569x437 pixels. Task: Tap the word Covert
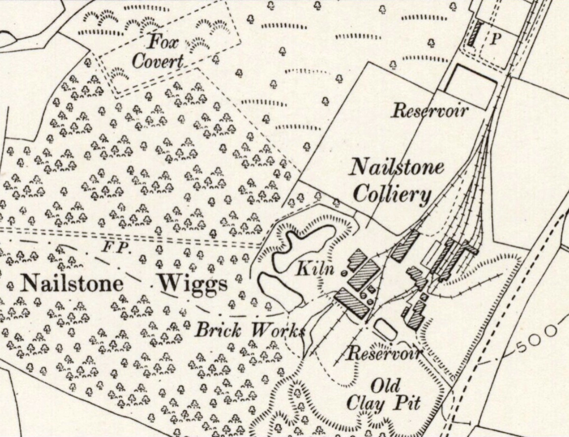[158, 62]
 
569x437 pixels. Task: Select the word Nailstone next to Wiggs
[72, 284]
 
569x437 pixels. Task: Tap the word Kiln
[316, 269]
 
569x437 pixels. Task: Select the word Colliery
[392, 195]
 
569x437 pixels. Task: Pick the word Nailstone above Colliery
[397, 168]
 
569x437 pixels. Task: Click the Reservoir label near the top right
[429, 111]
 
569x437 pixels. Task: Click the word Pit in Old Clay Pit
[406, 403]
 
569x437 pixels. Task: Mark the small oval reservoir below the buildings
[383, 328]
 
